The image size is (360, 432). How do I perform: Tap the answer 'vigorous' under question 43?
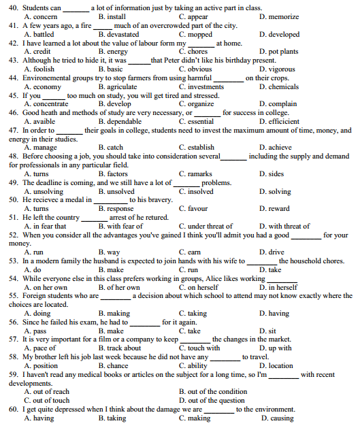point(281,69)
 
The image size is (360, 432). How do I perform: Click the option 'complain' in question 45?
point(282,104)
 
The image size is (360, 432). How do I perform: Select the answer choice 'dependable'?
point(123,122)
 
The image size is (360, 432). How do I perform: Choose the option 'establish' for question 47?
point(200,147)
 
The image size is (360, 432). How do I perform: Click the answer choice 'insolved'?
point(199,192)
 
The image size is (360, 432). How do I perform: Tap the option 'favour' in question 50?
point(197,209)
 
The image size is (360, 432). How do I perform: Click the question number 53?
point(14,261)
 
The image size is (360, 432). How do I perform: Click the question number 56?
point(14,322)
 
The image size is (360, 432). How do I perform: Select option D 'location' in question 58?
point(280,365)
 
